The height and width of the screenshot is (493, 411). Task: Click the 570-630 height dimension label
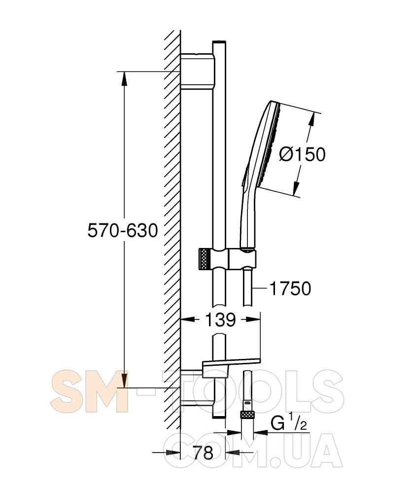point(123,230)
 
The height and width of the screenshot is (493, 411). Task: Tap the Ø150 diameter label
point(303,154)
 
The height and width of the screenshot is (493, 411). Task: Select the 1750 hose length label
point(291,288)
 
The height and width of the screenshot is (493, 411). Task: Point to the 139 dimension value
point(220,320)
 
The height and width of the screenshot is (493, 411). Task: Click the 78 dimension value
point(203,453)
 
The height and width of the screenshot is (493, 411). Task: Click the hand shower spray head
point(264,144)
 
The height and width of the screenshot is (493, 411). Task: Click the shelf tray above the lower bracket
point(232,367)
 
